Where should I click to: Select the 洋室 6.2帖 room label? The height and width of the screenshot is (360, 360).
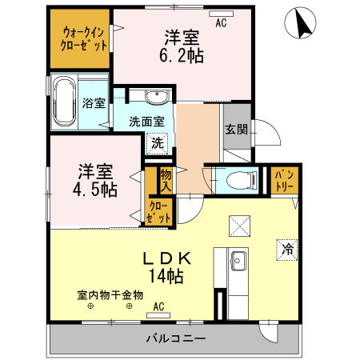183,46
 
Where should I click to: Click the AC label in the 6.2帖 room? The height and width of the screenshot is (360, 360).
222,23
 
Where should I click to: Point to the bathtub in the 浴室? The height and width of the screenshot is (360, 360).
65,102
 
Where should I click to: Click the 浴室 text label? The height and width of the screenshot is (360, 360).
94,102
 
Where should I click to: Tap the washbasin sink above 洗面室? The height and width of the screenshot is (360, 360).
157,98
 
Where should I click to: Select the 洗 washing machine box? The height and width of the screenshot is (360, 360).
158,144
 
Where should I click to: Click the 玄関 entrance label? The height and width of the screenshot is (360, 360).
235,130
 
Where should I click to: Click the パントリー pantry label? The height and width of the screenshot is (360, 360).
286,180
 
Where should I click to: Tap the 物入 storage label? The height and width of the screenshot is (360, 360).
166,179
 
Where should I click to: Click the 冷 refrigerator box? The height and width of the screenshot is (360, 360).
286,249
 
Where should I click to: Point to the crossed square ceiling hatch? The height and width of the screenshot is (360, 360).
239,226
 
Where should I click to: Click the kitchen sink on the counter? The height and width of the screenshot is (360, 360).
238,260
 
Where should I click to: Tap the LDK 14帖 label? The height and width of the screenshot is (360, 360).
167,267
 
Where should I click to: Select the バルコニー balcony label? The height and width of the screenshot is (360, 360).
175,338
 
